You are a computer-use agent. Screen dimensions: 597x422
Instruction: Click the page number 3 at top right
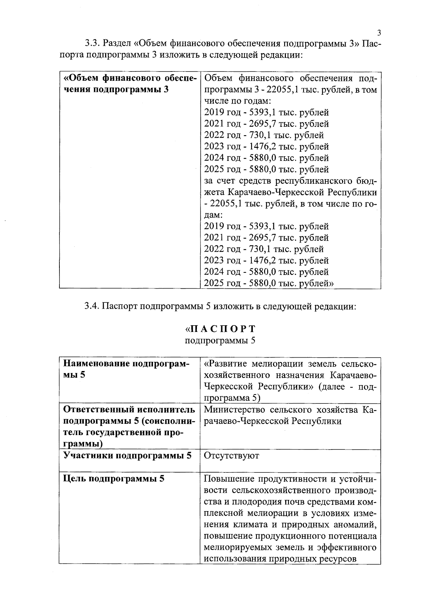point(379,33)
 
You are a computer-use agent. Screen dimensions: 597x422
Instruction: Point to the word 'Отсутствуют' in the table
point(231,455)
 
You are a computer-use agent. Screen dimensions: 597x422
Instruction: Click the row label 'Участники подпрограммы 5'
point(127,455)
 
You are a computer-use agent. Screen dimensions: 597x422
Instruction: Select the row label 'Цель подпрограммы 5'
point(114,479)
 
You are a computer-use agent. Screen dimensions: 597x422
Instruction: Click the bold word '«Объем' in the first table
point(81,78)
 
